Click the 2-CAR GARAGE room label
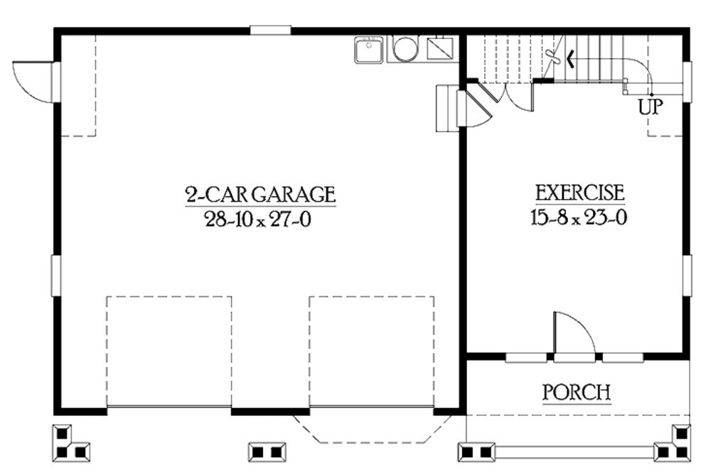[x=260, y=194]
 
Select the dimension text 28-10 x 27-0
[x=259, y=220]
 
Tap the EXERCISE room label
[x=579, y=193]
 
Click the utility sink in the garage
[x=368, y=50]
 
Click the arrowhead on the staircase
[x=571, y=59]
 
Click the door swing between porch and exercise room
[x=573, y=333]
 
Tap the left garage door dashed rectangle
[x=169, y=351]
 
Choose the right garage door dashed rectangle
[x=371, y=351]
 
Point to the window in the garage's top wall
[x=270, y=30]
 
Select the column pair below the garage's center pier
[x=267, y=451]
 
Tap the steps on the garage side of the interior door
[x=444, y=108]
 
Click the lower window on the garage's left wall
[x=55, y=276]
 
